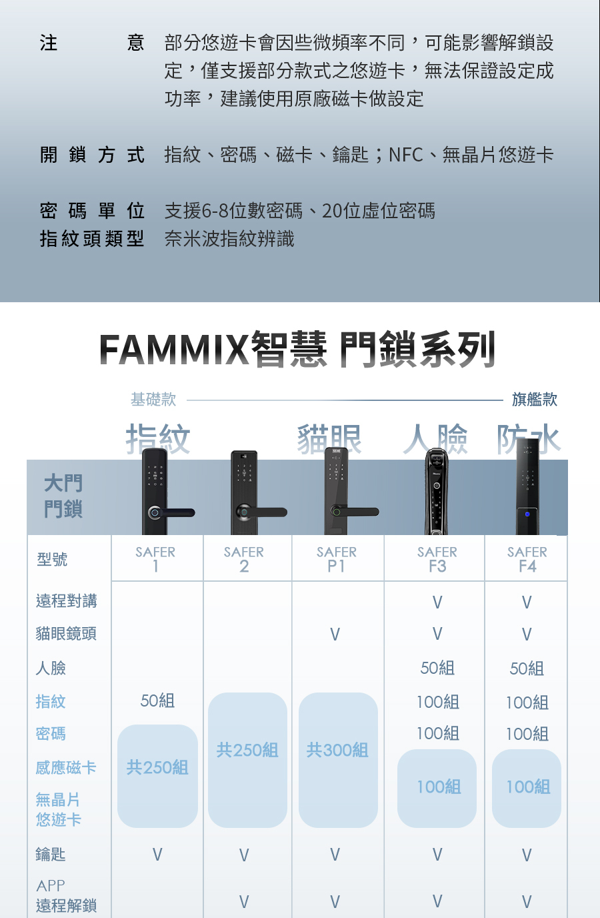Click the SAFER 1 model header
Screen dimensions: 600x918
click(155, 559)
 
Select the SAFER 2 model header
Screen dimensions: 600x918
click(244, 559)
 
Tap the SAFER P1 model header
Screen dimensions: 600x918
click(337, 559)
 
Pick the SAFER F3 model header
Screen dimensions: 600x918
click(437, 559)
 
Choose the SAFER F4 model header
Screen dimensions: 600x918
click(527, 559)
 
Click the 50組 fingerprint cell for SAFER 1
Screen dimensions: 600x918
click(157, 701)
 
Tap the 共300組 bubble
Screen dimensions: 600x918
click(337, 751)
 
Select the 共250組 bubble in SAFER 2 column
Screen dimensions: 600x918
click(247, 751)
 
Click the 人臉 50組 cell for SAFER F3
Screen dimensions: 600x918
click(437, 668)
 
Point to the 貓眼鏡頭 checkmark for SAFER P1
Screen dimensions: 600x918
click(335, 634)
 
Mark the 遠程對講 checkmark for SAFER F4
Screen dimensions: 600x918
click(527, 602)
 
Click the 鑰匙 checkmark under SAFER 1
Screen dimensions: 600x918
click(157, 855)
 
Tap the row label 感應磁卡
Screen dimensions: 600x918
click(66, 768)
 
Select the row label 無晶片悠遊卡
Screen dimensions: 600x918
click(59, 809)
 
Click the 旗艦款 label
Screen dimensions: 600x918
click(535, 400)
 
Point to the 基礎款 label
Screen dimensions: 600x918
click(153, 400)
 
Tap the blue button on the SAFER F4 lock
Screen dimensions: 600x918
click(527, 514)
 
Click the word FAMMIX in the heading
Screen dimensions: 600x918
click(174, 350)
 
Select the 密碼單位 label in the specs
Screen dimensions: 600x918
click(92, 211)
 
